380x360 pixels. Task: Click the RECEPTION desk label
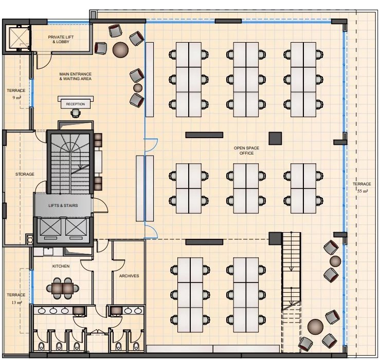tap(76, 104)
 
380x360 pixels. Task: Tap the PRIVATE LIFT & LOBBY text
tap(61, 40)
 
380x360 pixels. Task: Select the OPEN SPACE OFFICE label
tap(246, 150)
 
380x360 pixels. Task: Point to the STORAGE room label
tap(25, 174)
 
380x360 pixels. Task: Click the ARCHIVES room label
tap(129, 276)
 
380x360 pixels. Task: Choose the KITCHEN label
tap(61, 267)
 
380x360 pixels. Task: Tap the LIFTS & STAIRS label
tap(63, 205)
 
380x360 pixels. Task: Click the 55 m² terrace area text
tap(363, 191)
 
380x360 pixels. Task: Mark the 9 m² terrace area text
tap(17, 98)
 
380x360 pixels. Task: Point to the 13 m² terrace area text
tap(17, 302)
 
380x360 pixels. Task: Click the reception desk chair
tap(76, 113)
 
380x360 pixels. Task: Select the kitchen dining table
tap(63, 288)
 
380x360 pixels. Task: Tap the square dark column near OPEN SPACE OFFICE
tap(275, 139)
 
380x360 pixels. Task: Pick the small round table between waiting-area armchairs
tap(138, 88)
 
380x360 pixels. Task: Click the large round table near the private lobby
tap(120, 50)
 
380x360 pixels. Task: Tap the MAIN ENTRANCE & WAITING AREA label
tap(76, 77)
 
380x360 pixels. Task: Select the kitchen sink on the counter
tap(48, 251)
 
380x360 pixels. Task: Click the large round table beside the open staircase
tap(315, 327)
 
